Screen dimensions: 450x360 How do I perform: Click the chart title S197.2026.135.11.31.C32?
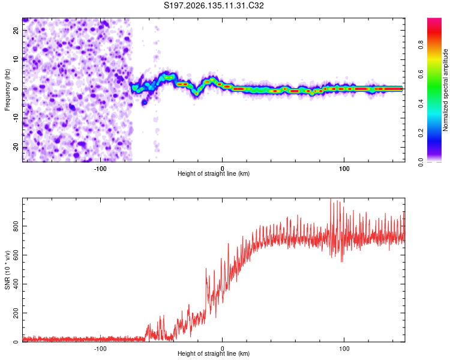(x=214, y=5)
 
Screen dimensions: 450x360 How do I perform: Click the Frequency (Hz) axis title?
(x=7, y=90)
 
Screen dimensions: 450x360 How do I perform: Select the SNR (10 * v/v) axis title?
(x=7, y=270)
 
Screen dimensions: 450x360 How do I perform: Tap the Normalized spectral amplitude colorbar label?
(x=445, y=90)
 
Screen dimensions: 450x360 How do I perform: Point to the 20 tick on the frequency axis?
(x=16, y=30)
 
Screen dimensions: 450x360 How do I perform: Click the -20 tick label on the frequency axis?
(x=16, y=147)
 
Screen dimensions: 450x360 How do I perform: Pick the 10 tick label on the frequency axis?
(x=16, y=59)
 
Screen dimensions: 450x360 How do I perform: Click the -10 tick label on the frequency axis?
(x=16, y=118)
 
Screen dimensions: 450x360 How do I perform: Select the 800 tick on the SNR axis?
(x=16, y=226)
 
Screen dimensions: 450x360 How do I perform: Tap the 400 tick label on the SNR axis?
(x=16, y=284)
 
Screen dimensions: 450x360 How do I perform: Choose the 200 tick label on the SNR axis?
(x=16, y=313)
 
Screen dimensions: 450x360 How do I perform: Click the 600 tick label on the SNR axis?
(x=16, y=255)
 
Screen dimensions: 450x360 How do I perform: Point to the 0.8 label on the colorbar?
(x=421, y=45)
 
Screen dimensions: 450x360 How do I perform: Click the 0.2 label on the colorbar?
(x=421, y=133)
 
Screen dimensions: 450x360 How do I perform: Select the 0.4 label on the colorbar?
(x=421, y=103)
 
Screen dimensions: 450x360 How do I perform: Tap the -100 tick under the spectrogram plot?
(x=100, y=169)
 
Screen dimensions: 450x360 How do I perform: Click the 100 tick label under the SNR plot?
(x=344, y=349)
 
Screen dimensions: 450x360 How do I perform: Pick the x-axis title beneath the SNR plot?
(x=214, y=353)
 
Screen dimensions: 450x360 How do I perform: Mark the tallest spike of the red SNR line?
(x=331, y=199)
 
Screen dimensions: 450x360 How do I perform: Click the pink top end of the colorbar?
(x=434, y=19)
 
